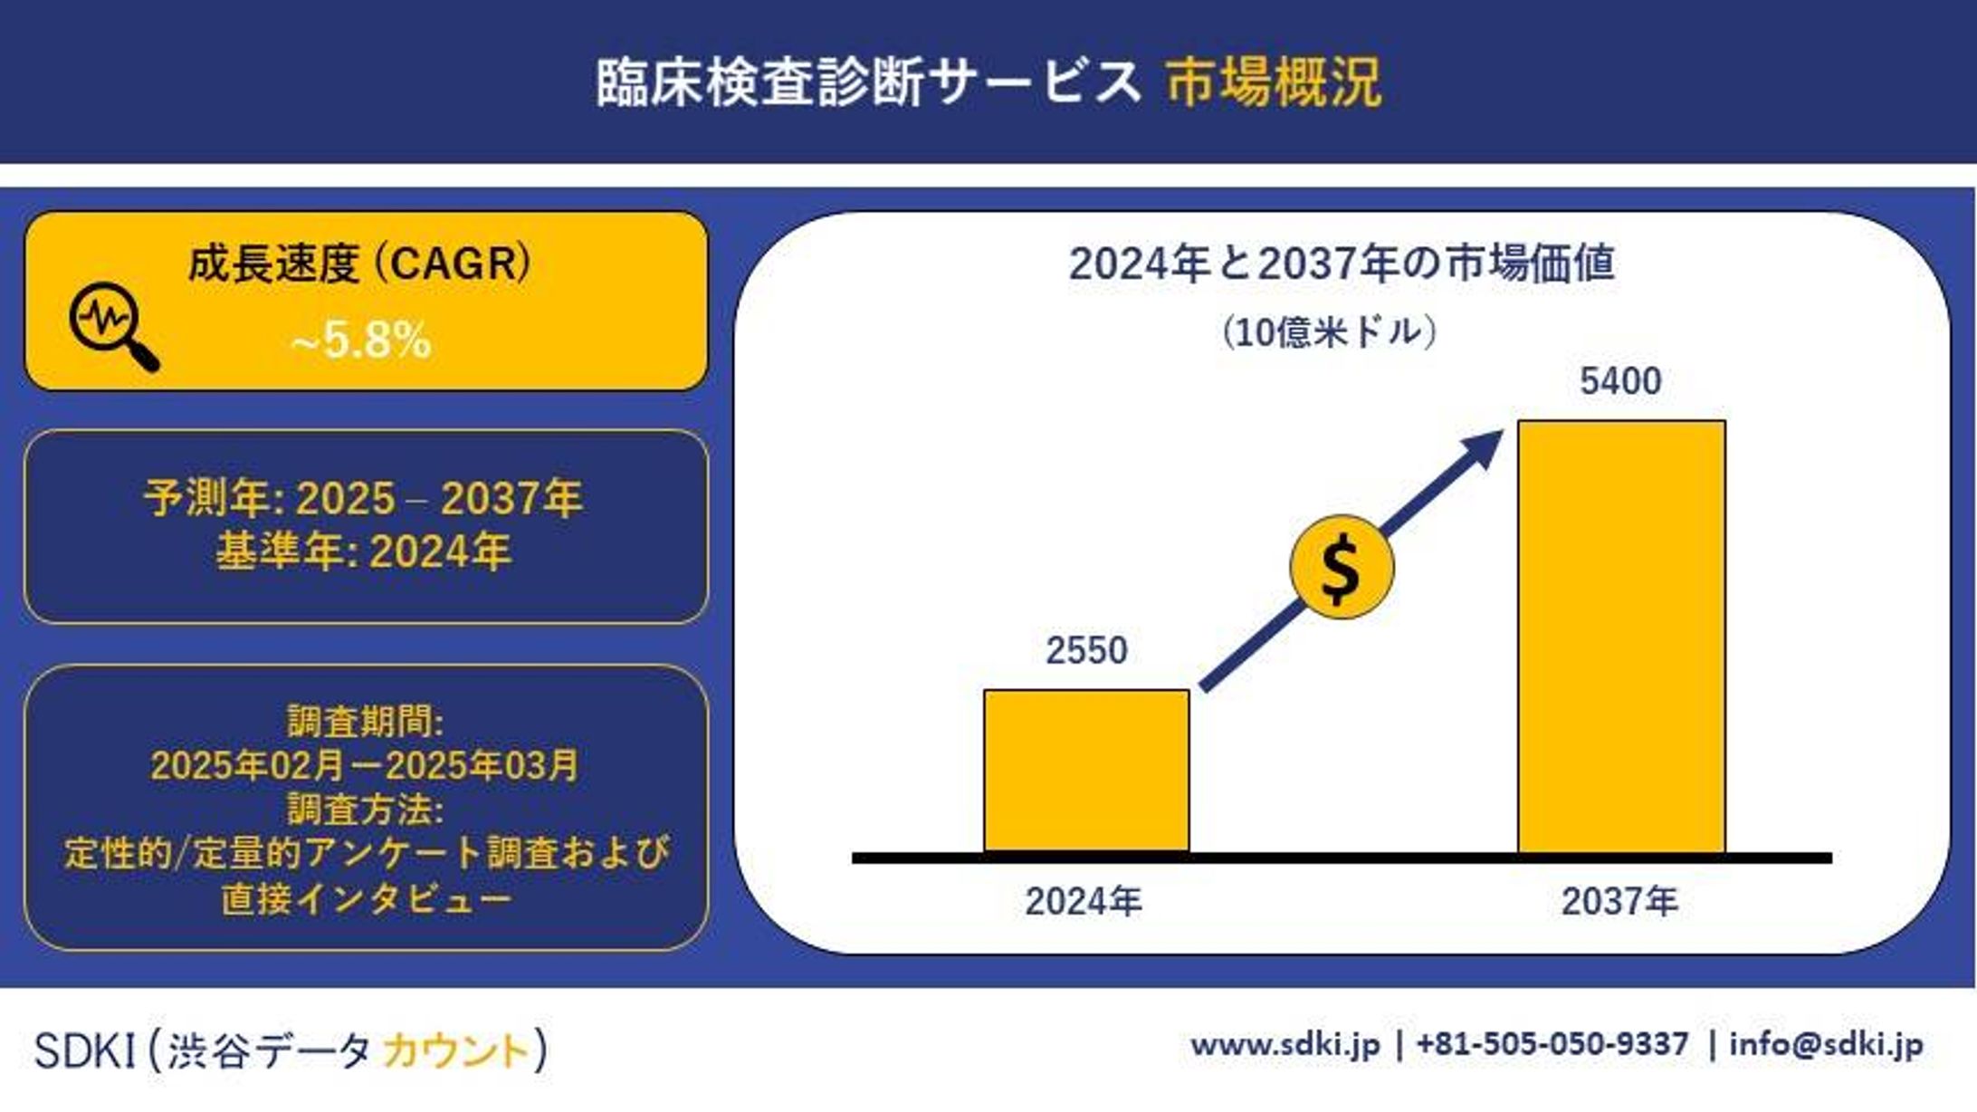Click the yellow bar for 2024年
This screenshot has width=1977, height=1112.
[1086, 771]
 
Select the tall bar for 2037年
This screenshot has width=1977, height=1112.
[1621, 637]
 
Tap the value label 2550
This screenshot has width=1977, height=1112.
[1086, 650]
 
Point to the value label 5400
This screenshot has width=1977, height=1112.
[1620, 381]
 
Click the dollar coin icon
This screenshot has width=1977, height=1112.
[1341, 568]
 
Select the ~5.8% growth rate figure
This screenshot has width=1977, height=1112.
[360, 341]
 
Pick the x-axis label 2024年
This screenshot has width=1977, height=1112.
[1084, 901]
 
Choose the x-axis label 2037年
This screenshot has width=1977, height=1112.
[1619, 901]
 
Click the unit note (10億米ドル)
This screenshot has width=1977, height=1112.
[1328, 332]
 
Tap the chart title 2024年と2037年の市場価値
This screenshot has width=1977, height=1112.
[1342, 264]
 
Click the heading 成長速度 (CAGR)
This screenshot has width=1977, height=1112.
[359, 264]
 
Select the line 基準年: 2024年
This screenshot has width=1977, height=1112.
[363, 551]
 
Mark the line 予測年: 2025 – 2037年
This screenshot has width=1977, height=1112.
[363, 498]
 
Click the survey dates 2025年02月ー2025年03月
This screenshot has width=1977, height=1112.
[364, 765]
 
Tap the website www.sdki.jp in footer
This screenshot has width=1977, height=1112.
[1285, 1044]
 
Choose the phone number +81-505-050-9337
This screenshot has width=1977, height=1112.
[1552, 1044]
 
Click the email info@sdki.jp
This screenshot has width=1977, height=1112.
[1826, 1044]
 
